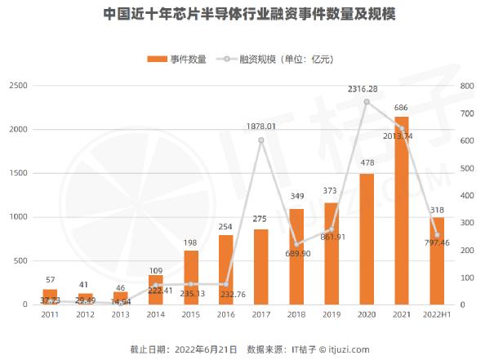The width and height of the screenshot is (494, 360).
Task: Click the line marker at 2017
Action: coord(261,140)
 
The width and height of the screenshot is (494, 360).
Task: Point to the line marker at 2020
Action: coord(367,102)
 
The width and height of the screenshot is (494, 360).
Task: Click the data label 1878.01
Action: coord(261,127)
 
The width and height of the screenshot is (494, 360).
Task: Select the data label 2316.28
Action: coord(367,88)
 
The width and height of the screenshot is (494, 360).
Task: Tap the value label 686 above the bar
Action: coord(401,108)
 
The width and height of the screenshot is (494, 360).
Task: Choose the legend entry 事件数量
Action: coord(181,59)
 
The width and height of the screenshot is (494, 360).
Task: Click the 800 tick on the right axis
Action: coord(466,86)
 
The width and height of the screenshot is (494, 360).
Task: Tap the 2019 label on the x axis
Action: coord(332,314)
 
